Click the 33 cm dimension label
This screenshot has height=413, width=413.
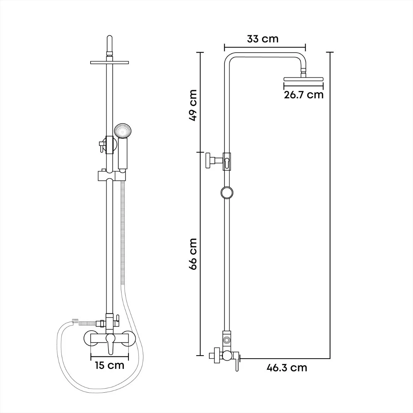click(263, 39)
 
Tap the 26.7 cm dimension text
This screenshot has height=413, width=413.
click(304, 95)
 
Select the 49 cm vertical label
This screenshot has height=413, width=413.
click(193, 105)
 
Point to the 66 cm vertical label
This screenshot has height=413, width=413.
click(193, 254)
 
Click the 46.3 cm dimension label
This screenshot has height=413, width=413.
click(287, 368)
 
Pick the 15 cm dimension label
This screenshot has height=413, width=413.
click(110, 366)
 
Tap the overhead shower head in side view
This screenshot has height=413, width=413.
click(303, 79)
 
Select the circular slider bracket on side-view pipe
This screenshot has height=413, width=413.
click(227, 192)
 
